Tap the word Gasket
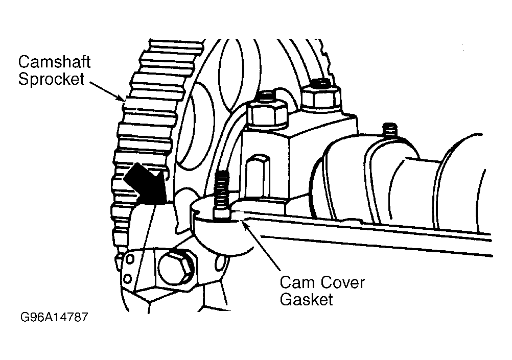click(306, 299)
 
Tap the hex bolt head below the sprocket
click(176, 267)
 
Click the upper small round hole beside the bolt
click(130, 260)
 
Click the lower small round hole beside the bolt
click(129, 278)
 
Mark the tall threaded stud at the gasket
click(221, 191)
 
